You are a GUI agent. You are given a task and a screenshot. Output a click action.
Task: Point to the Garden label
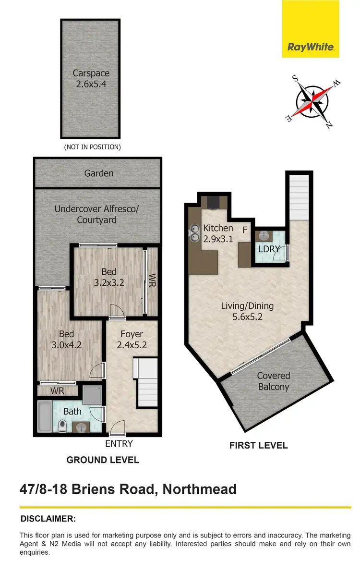pos(99,173)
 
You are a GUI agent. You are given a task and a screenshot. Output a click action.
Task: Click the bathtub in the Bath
pos(45,416)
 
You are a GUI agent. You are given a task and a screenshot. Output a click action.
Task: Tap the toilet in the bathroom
pos(62,426)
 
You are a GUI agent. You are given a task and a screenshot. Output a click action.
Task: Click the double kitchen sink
pos(195,232)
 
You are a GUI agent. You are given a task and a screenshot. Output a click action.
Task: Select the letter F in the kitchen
pos(245,230)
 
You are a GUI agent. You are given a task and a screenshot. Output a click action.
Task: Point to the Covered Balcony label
pos(274,381)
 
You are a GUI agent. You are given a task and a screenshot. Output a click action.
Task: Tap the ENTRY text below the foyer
pos(119,444)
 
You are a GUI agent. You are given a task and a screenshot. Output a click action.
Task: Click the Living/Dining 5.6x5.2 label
pos(247,311)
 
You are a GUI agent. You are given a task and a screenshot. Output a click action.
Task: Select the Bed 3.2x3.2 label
pos(109,278)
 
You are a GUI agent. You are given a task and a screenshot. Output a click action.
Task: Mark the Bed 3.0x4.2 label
pos(67,339)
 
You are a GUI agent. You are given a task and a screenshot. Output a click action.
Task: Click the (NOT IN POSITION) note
pos(92,147)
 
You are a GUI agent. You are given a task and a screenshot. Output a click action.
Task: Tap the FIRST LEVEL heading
pos(258,445)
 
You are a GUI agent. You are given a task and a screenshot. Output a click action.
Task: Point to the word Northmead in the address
pos(199,489)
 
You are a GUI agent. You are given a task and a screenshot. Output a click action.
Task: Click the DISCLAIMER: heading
pos(48,519)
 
